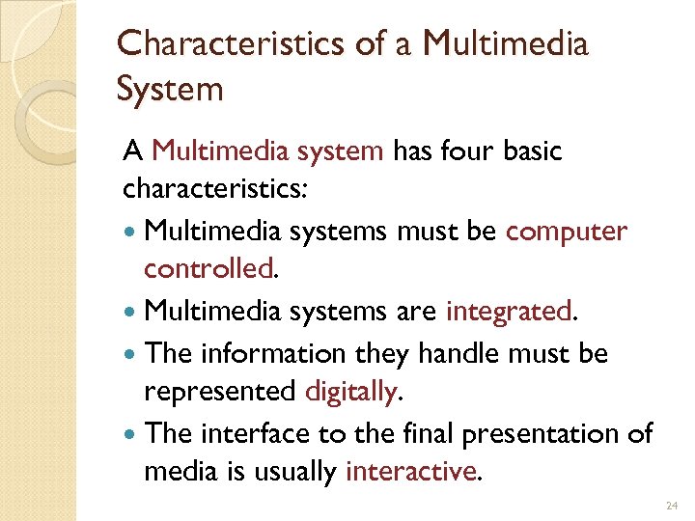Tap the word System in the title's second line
(x=170, y=90)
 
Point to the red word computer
(x=567, y=233)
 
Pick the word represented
(x=219, y=391)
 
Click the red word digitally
(x=350, y=391)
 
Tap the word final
(x=427, y=434)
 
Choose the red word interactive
(x=410, y=472)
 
